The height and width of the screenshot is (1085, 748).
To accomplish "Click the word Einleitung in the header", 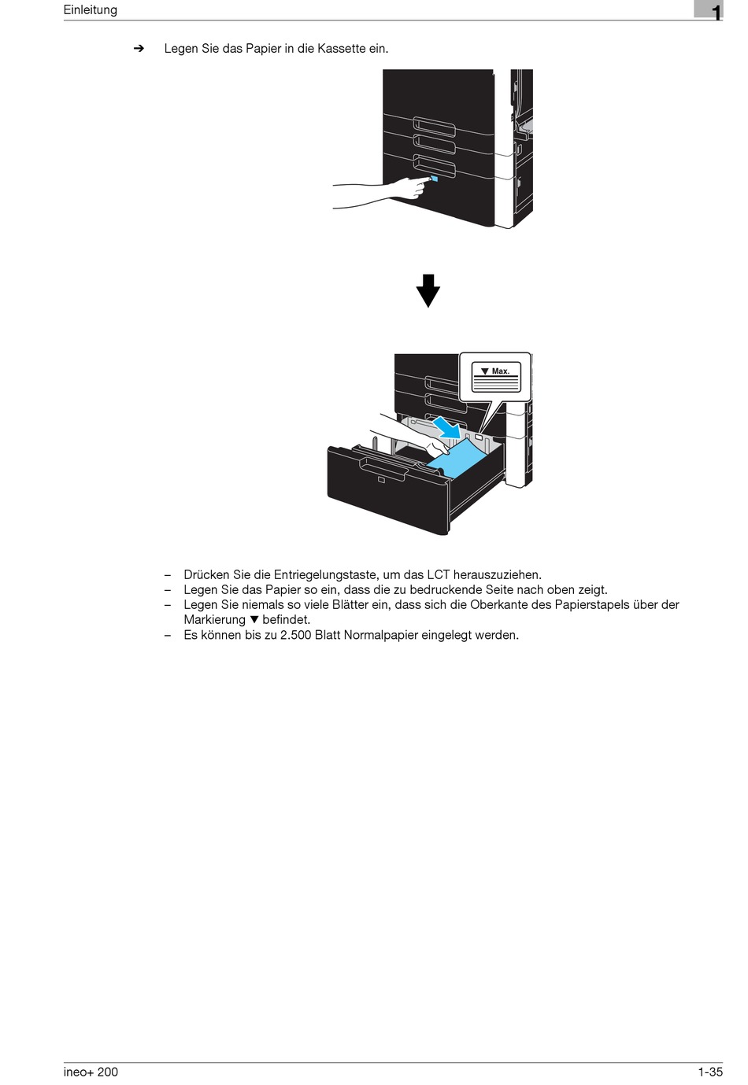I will click(91, 10).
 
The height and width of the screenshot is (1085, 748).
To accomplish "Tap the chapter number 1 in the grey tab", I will click(716, 12).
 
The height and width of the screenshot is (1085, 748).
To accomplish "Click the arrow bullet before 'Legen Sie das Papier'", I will click(139, 49).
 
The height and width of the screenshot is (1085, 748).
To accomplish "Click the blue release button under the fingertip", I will click(435, 179).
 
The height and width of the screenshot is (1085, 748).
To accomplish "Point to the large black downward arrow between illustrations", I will click(428, 290).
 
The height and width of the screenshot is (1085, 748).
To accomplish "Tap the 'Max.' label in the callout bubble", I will click(500, 371).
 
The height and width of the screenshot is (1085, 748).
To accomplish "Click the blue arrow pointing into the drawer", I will click(447, 427).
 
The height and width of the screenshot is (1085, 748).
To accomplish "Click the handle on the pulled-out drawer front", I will click(383, 470).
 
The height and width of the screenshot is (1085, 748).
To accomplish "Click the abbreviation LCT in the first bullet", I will click(439, 575).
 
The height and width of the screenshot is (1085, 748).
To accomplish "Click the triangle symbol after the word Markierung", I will click(254, 620).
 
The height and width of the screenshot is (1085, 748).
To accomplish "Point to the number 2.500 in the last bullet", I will click(295, 635).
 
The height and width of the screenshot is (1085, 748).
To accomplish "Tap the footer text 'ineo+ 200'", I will click(91, 1072).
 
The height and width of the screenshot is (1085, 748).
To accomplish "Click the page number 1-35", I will click(709, 1072).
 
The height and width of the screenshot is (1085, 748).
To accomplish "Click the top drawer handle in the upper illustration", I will click(435, 126).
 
